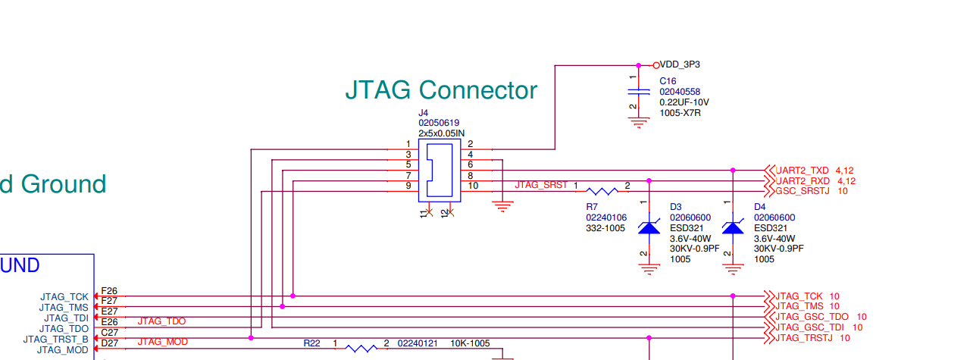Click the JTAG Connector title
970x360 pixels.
441,90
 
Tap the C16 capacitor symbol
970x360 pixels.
640,91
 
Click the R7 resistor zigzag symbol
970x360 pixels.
602,191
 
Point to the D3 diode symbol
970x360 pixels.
649,227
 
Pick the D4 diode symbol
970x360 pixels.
733,227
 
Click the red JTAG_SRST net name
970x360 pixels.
541,185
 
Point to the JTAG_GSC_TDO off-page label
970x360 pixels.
812,317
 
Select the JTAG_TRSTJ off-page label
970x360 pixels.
805,337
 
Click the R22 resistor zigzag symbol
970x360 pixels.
361,348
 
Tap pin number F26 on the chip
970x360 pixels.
109,291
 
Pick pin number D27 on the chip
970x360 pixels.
109,343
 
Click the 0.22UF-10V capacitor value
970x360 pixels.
684,102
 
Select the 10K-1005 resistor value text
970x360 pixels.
471,343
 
